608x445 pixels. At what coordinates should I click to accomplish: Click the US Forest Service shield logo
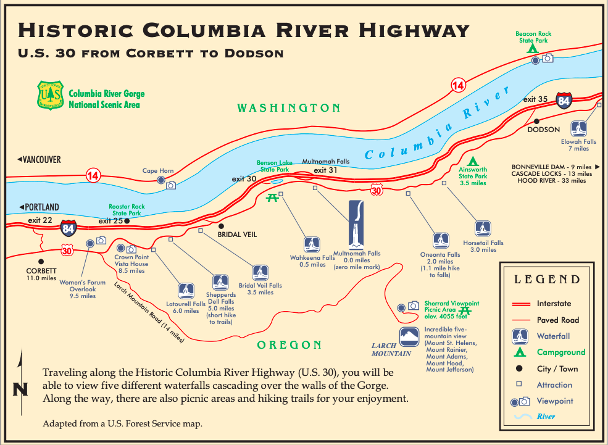point(51,95)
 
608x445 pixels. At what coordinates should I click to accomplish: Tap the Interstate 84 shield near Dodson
point(564,99)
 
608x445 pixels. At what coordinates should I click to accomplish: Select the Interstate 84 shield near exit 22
point(69,228)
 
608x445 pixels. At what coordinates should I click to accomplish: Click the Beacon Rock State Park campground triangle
point(531,48)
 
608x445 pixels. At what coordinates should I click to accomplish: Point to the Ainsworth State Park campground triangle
point(473,162)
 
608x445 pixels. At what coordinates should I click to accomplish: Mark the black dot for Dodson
point(537,122)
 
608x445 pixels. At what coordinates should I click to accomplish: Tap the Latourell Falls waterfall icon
point(186,290)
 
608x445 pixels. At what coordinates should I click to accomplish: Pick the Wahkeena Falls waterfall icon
point(312,244)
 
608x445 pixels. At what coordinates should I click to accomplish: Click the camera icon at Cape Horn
point(172,185)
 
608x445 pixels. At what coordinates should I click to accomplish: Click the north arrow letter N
point(20,389)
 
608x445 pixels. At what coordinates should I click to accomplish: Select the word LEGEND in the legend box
point(547,280)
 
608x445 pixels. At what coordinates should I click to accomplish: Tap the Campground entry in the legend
point(560,352)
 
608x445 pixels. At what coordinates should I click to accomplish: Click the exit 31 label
point(325,170)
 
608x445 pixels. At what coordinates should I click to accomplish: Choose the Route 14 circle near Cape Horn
point(93,175)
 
